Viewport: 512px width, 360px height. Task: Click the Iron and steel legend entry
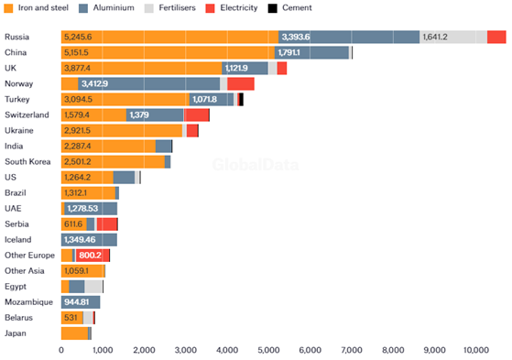pyautogui.click(x=40, y=7)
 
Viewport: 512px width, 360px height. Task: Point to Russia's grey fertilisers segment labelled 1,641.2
pyautogui.click(x=435, y=37)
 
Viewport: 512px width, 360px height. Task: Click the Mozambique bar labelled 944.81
pyautogui.click(x=80, y=301)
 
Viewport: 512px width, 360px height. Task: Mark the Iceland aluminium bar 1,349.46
pyautogui.click(x=83, y=240)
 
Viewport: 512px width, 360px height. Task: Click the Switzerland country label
pyautogui.click(x=27, y=115)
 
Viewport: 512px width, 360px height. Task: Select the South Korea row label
pyautogui.click(x=27, y=161)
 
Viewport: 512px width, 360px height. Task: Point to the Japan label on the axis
pyautogui.click(x=16, y=333)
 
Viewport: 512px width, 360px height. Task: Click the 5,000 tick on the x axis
pyautogui.click(x=268, y=350)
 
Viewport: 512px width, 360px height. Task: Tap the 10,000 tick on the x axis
pyautogui.click(x=475, y=350)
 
